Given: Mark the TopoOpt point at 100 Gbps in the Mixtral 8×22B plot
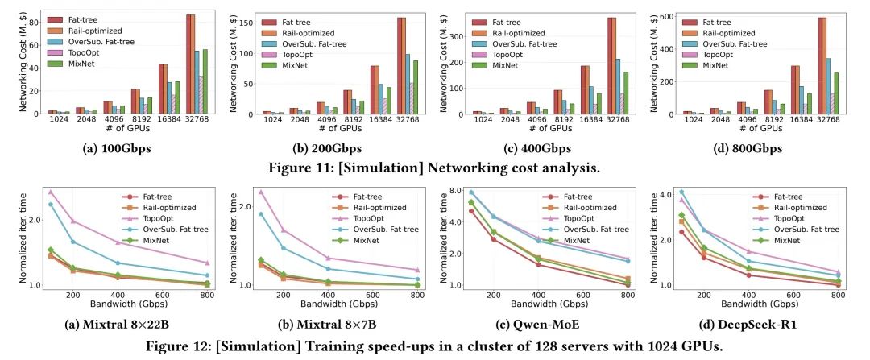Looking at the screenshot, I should pos(50,192).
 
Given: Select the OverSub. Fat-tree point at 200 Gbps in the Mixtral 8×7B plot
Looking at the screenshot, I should pos(283,248).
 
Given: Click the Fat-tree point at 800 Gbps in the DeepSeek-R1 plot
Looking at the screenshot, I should pos(838,284).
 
